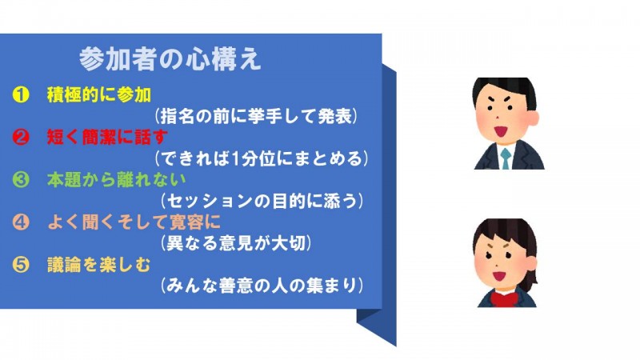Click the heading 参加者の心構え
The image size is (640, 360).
170,59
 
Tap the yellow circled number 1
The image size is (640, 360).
21,94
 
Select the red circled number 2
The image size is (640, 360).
21,137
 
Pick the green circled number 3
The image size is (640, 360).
21,179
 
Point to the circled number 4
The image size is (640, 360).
21,222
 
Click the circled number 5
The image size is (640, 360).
21,265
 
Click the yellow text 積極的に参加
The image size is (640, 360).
99,94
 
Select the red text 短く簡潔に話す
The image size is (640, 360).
107,137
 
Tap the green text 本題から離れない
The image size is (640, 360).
116,179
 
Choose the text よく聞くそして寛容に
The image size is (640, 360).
134,222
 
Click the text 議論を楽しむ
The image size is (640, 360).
98,265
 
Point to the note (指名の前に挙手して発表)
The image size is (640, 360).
256,116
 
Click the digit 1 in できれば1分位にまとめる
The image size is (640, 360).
234,158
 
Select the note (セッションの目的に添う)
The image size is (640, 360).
262,201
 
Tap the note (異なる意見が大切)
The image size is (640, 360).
235,243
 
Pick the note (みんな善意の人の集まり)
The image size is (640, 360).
262,286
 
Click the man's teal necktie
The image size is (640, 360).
506,158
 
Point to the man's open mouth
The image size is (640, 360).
501,131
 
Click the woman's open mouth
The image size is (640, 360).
498,275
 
